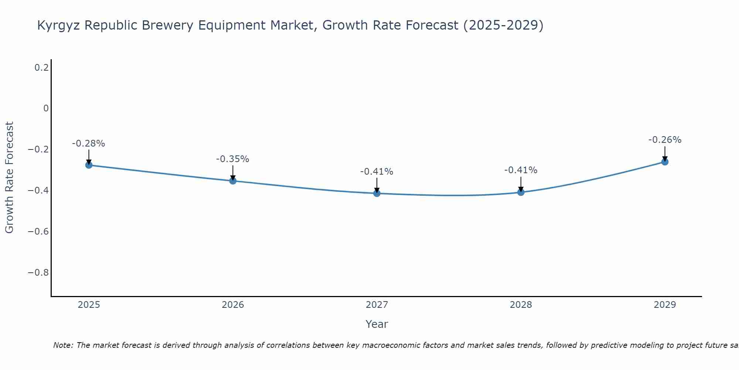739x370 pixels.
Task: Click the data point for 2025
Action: [89, 165]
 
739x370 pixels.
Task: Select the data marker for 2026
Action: [233, 181]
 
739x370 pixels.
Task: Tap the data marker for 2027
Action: [377, 193]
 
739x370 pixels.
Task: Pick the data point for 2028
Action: [521, 192]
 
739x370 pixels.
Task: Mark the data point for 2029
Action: [665, 162]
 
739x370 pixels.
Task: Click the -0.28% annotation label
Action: [89, 144]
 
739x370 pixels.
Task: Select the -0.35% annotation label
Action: [233, 159]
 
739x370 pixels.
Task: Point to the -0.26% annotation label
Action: [665, 140]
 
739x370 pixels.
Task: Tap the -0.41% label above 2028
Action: [521, 170]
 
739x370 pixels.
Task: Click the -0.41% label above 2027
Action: [377, 172]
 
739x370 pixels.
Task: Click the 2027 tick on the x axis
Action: [377, 305]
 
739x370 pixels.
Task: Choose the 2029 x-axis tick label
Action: [665, 305]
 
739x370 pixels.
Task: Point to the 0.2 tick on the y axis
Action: [41, 67]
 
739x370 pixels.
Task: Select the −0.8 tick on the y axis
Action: [38, 273]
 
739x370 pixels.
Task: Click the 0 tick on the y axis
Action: [46, 108]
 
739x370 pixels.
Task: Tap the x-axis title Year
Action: [377, 324]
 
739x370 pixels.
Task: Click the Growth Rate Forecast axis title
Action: [9, 178]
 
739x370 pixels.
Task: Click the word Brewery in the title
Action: [168, 25]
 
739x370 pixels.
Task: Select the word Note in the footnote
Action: [63, 345]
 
